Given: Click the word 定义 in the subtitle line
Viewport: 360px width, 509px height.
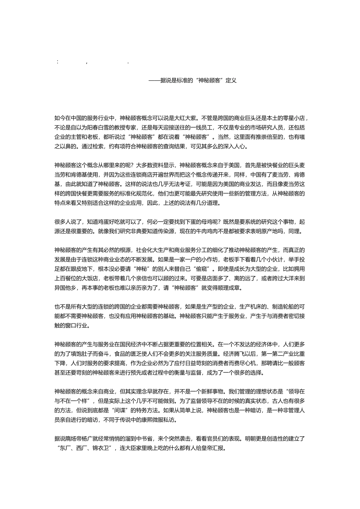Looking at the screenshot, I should (231, 80).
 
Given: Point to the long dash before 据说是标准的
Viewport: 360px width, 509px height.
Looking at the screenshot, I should (154, 80).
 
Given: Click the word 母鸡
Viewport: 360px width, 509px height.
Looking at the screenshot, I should (205, 222).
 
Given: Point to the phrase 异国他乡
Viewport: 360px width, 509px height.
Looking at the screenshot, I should (66, 288).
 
